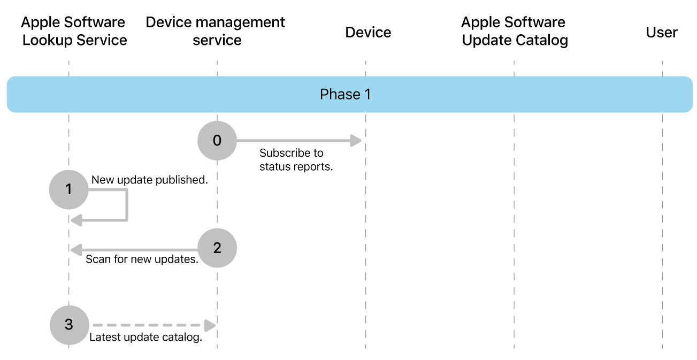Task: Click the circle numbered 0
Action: coord(217,141)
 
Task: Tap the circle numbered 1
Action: coord(68,189)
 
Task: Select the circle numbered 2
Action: coord(217,248)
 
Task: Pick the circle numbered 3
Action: coord(68,325)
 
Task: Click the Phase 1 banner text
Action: coord(345,95)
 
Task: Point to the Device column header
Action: coord(368,33)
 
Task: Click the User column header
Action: coord(662,33)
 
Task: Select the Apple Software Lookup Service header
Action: coord(74,31)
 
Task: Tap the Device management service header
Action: coord(216,31)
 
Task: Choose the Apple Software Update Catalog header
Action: coord(514,31)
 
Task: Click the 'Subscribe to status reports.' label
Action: coord(296,159)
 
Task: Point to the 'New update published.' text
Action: coord(149,180)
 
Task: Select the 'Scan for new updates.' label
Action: coord(142,260)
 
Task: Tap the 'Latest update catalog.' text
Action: coord(145,338)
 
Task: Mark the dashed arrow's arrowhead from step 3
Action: coord(210,325)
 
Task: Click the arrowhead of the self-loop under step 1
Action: coord(76,219)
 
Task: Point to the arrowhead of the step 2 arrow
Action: coord(76,249)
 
